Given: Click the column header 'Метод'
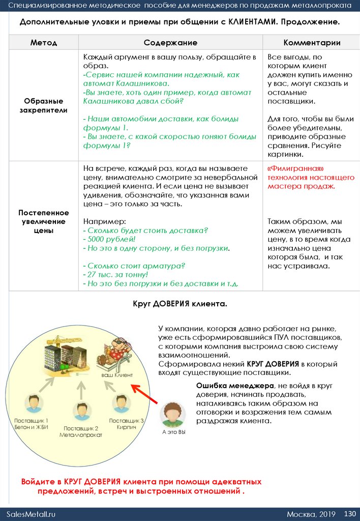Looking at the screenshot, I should (x=44, y=43).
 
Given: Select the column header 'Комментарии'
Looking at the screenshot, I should (x=312, y=43).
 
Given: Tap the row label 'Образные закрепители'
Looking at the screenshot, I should (x=44, y=105).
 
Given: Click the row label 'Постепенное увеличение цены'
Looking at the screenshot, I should (x=44, y=222).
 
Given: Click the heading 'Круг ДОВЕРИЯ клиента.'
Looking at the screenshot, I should (x=179, y=304).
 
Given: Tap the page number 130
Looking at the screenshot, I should (x=350, y=513).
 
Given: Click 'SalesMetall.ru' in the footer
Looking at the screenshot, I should (x=31, y=514).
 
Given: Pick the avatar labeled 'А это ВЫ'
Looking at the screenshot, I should (x=173, y=415).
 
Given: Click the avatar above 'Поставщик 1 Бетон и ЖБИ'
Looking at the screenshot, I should (x=34, y=403).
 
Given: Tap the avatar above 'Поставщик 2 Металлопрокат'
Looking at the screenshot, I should (x=81, y=411).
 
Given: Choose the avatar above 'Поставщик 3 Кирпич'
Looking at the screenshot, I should (x=121, y=403).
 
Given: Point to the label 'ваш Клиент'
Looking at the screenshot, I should (x=117, y=375).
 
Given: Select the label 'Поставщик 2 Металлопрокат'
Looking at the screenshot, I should (x=81, y=432).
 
